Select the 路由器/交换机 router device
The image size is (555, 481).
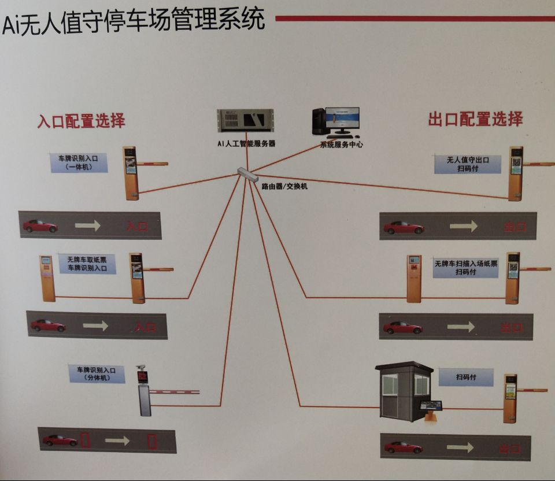[x=247, y=175]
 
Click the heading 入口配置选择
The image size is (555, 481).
[x=82, y=121]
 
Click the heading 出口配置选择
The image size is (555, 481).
[x=475, y=119]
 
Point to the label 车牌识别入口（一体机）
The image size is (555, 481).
[x=79, y=162]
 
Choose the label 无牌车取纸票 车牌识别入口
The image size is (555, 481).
[x=87, y=264]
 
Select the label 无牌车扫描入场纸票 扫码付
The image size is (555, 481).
[x=465, y=268]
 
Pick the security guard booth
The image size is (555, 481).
[x=404, y=390]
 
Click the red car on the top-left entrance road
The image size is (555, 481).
[x=40, y=225]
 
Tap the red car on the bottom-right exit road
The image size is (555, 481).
[x=403, y=447]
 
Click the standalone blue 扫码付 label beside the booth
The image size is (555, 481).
[x=465, y=378]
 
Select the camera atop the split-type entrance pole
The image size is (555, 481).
[x=141, y=368]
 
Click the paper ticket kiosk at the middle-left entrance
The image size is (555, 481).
[x=47, y=278]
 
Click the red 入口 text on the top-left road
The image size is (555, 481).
[x=138, y=226]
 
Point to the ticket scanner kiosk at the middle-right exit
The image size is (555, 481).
[x=413, y=278]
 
